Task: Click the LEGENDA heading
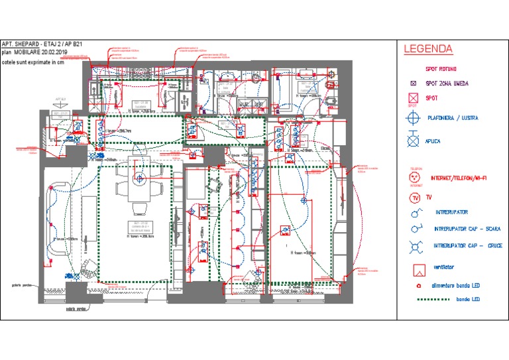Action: pos(428,49)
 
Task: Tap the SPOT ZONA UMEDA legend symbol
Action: pos(413,84)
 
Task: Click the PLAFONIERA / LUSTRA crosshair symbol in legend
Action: pos(414,118)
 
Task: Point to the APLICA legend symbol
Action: pos(414,141)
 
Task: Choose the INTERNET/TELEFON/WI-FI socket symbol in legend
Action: pos(416,178)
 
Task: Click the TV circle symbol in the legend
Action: pos(415,198)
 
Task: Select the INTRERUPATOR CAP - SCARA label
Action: pos(467,229)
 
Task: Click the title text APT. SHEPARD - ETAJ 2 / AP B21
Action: pos(42,44)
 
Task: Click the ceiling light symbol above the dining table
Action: pos(140,178)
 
